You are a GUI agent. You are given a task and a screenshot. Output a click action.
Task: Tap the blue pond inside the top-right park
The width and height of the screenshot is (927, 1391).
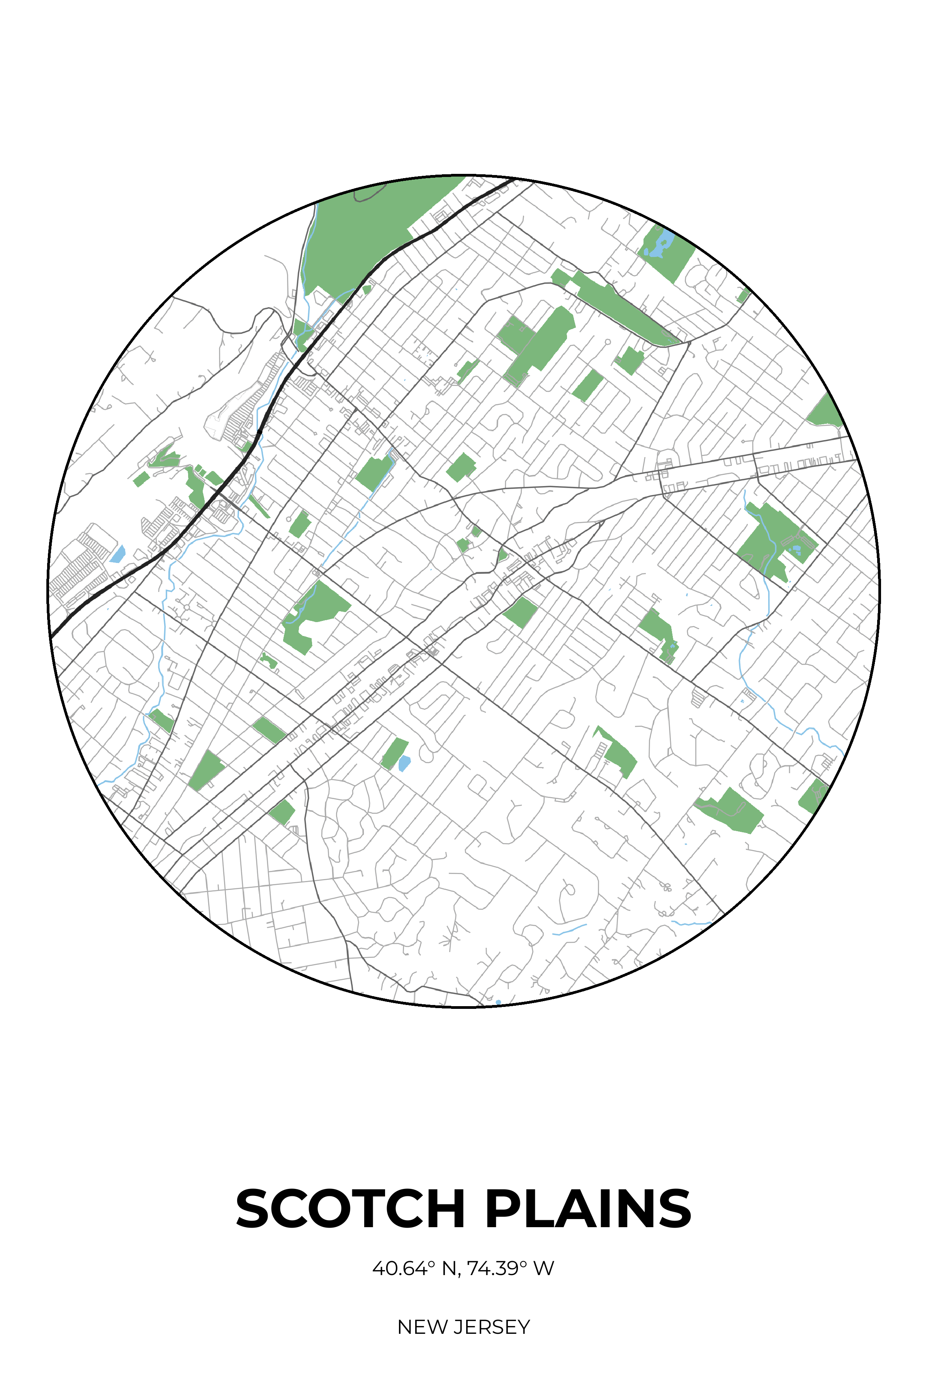pyautogui.click(x=661, y=244)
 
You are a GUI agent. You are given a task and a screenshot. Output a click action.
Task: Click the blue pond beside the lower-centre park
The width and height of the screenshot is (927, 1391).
pyautogui.click(x=404, y=763)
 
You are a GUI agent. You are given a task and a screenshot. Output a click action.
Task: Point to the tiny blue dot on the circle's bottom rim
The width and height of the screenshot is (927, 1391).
pyautogui.click(x=498, y=1002)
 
